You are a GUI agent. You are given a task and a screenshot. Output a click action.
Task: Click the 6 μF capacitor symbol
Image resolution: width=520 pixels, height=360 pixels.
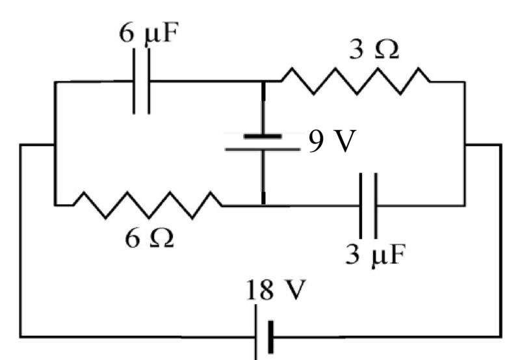tap(142, 81)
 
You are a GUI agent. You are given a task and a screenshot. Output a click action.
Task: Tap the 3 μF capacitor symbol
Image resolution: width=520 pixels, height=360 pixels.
tap(368, 206)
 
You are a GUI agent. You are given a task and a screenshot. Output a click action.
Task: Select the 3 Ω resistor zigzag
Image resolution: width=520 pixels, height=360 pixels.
tap(356, 81)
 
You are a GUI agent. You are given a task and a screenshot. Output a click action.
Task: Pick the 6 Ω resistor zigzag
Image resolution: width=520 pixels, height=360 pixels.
tap(148, 205)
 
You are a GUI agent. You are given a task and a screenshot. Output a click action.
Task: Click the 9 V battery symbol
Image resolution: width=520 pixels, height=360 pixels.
tap(263, 142)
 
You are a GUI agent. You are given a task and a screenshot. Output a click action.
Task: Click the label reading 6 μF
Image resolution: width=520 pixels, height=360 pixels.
tap(149, 34)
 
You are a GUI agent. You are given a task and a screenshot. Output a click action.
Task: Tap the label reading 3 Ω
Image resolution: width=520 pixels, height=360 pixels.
tap(374, 50)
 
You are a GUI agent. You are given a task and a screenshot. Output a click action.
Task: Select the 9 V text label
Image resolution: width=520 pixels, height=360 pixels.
tap(332, 141)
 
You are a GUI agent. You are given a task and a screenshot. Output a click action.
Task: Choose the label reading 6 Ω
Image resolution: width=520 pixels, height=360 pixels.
tap(149, 238)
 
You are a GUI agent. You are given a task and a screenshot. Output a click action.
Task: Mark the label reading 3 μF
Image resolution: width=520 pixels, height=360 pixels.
tap(376, 255)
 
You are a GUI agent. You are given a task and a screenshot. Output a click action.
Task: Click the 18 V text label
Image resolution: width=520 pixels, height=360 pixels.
tap(276, 290)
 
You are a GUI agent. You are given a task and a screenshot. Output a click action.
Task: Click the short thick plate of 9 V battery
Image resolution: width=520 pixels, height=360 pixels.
tap(263, 136)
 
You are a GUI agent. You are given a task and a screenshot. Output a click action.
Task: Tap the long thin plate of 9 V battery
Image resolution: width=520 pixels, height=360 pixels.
tap(263, 150)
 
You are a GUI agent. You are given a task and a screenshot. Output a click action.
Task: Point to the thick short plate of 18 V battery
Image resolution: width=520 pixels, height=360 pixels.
tap(271, 337)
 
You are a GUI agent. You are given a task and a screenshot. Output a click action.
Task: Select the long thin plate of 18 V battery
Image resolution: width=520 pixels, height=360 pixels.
tap(256, 332)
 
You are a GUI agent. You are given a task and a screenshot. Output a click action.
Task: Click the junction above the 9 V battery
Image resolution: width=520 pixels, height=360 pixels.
tap(263, 81)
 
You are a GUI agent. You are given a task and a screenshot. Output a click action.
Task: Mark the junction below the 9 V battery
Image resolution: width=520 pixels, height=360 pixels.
tap(263, 205)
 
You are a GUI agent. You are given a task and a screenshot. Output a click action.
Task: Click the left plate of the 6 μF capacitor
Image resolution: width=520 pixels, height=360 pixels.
tap(134, 81)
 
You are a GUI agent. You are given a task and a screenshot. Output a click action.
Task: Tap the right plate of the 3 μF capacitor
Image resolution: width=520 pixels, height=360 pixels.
tap(376, 206)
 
